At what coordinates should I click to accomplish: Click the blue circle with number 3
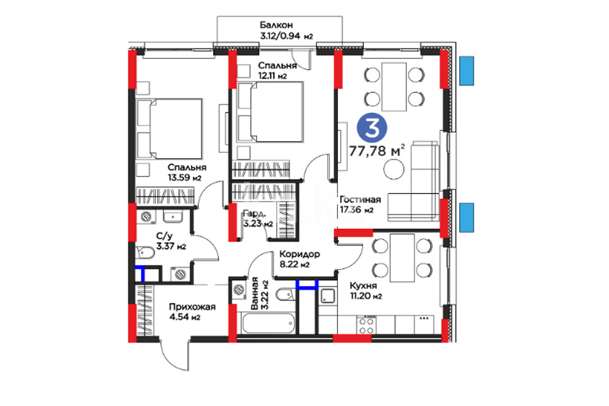click(372, 127)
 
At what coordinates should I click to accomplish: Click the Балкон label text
click(276, 25)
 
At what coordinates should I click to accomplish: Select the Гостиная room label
click(360, 199)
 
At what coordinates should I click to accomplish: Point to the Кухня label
click(363, 286)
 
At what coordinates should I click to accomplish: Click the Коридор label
click(300, 254)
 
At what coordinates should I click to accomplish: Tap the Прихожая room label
click(192, 307)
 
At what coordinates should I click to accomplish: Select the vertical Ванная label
click(255, 293)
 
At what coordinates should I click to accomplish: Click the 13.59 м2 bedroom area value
click(184, 178)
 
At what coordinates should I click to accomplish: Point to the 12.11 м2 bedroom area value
click(273, 76)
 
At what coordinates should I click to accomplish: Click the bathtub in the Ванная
click(268, 323)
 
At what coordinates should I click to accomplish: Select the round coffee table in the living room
click(394, 170)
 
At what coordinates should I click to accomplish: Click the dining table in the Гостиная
click(394, 86)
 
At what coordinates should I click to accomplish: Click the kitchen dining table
click(402, 258)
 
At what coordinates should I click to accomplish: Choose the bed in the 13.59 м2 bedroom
click(170, 128)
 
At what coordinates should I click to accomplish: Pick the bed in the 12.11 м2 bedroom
click(270, 112)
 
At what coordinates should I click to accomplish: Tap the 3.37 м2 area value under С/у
click(171, 246)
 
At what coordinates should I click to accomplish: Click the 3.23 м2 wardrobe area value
click(258, 224)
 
